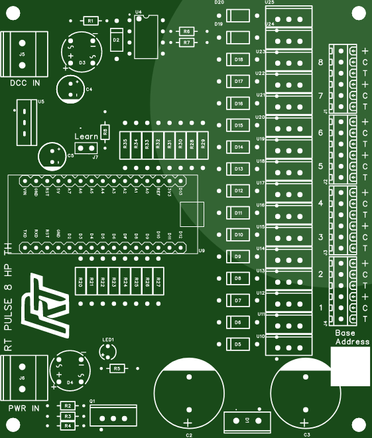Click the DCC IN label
[x=25, y=83]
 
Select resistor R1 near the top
[x=90, y=21]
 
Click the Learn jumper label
[x=86, y=136]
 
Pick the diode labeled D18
[x=239, y=60]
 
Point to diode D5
[x=238, y=344]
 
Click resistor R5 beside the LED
[x=116, y=368]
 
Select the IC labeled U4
[x=145, y=36]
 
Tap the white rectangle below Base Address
[x=350, y=365]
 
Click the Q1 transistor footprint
[x=113, y=416]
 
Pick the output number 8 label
[x=321, y=62]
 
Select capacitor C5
[x=52, y=156]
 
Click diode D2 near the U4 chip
[x=116, y=40]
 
